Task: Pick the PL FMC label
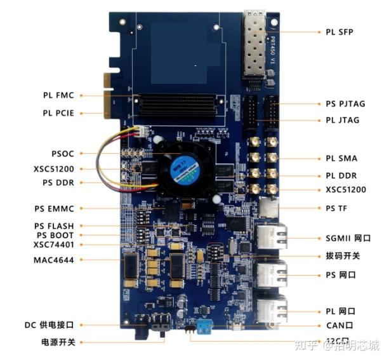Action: click(x=58, y=95)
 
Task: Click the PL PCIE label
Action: click(x=58, y=113)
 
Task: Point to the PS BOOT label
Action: click(x=55, y=235)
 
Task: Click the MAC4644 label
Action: click(x=54, y=260)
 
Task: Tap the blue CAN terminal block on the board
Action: click(x=204, y=326)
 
